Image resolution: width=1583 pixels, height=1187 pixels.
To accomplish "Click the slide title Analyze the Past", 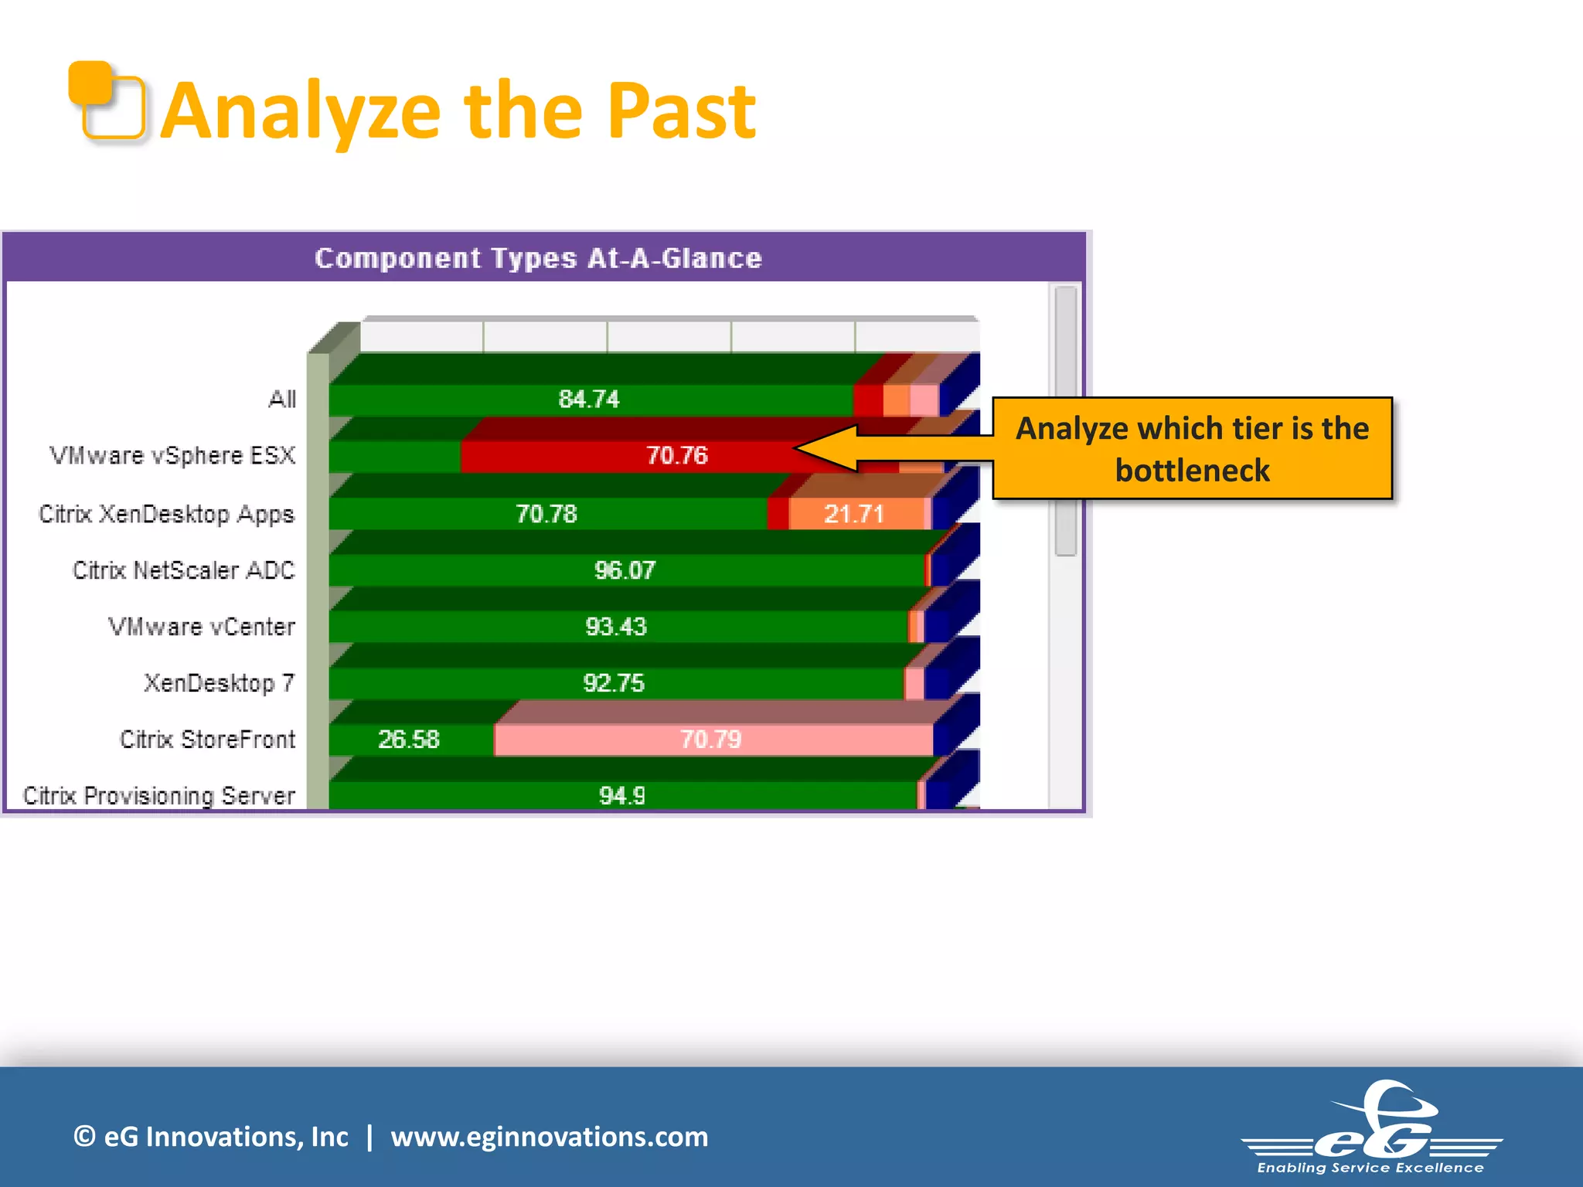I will pos(458,112).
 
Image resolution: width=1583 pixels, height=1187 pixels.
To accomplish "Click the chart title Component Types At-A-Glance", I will pos(538,258).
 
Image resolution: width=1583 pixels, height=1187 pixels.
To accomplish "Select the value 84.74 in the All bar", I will pos(589,399).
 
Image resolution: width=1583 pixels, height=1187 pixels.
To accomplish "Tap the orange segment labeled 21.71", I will pos(854,514).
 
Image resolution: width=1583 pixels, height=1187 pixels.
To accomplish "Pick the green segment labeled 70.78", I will pos(546,514).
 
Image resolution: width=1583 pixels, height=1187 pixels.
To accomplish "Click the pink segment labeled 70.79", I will pos(710,740).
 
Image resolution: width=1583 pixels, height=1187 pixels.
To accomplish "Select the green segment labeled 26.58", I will pos(409,740).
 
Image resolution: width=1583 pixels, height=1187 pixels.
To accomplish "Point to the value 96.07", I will pos(625,570).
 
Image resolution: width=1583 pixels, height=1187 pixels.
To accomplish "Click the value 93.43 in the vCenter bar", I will pos(616,627).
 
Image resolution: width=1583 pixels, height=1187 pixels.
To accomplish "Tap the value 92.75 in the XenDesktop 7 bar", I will pos(614,683).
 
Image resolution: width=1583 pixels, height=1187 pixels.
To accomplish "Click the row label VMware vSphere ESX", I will pos(172,455).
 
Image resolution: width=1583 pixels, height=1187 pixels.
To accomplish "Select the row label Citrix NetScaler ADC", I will pos(184,570).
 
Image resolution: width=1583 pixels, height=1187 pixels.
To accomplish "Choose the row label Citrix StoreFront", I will pos(207,740).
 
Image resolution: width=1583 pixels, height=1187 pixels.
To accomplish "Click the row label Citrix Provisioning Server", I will pos(159,796).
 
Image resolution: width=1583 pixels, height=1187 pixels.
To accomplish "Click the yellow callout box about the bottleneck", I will pos(1192,449).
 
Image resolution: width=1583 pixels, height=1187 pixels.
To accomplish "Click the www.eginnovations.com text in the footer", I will pos(549,1137).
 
